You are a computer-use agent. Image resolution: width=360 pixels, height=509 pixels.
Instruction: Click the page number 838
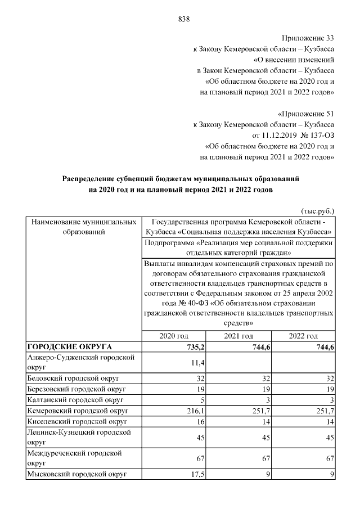[x=183, y=19]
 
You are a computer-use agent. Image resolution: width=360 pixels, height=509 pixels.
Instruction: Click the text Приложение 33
[x=308, y=38]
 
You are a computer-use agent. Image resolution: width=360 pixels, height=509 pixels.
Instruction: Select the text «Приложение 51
[x=307, y=114]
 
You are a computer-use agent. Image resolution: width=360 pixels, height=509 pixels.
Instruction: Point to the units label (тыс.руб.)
[x=318, y=210]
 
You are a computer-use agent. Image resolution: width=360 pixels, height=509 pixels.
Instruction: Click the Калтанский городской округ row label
[x=75, y=400]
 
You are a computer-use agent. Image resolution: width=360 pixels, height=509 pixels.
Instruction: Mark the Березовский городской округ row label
[x=78, y=389]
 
